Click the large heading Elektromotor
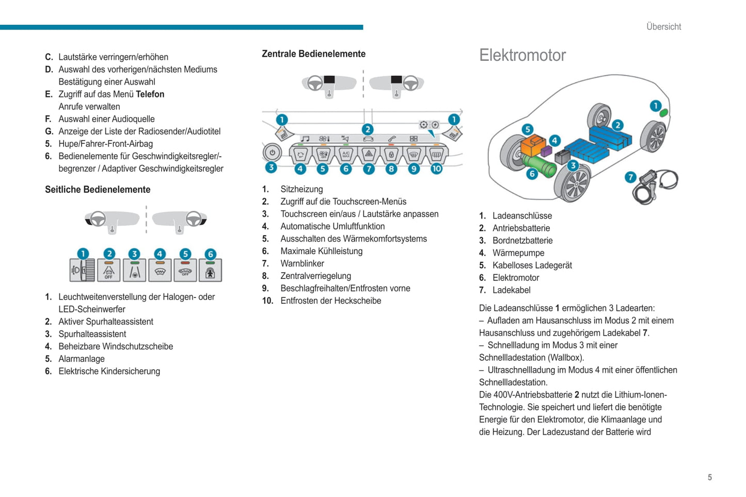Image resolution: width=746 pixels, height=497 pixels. click(522, 55)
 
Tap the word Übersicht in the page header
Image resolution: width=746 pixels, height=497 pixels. click(663, 27)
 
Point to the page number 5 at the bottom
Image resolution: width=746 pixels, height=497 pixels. click(709, 477)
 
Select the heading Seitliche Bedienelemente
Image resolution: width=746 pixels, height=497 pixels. click(98, 189)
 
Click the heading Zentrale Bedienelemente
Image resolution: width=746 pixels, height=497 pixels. click(313, 54)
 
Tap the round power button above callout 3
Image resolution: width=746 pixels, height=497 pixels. click(272, 153)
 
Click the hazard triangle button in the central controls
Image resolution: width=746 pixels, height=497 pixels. click(369, 154)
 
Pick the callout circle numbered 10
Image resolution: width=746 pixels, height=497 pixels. click(436, 169)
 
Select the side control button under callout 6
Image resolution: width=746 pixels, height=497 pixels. click(210, 271)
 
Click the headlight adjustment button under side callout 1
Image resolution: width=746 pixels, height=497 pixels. click(83, 271)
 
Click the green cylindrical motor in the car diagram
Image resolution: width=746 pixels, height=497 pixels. click(540, 165)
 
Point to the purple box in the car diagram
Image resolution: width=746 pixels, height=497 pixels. click(547, 151)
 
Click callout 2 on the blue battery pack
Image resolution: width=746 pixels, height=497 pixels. click(617, 125)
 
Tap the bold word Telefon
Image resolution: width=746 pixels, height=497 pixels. click(150, 94)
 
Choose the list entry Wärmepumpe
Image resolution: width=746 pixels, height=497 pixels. click(518, 253)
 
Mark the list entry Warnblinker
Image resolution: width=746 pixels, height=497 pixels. click(302, 263)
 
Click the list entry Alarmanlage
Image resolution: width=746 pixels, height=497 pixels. click(81, 359)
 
